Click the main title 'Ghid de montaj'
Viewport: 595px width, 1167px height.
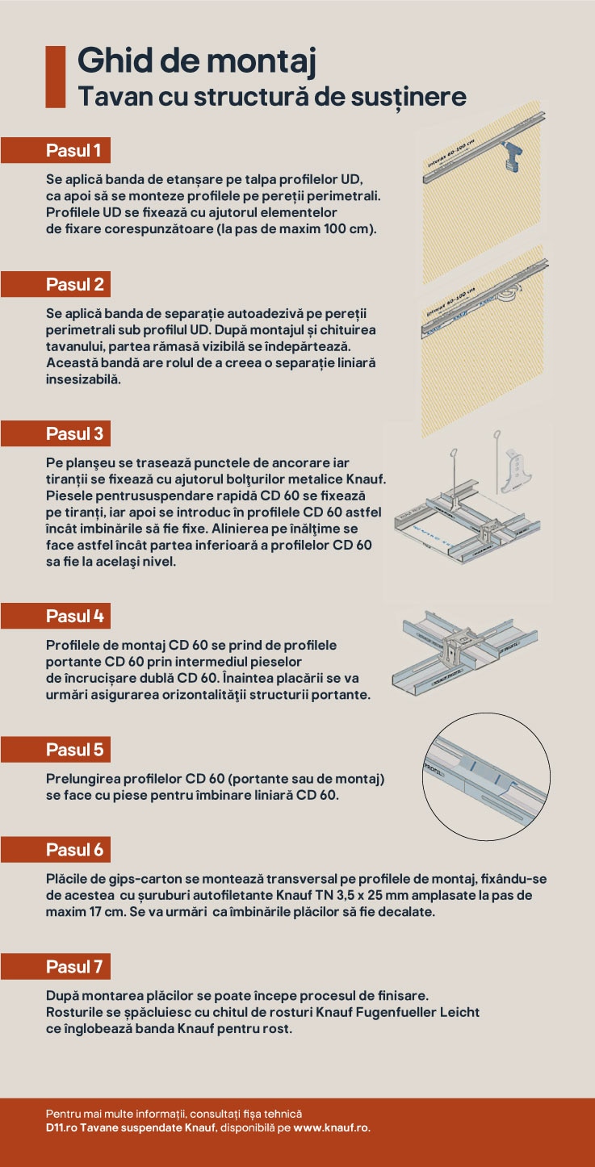[x=197, y=61]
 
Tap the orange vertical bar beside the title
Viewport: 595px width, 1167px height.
[x=56, y=77]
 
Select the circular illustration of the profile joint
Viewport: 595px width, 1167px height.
[x=486, y=776]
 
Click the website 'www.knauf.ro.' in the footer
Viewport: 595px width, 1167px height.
[x=332, y=1128]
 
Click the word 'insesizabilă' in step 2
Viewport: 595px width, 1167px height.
[x=83, y=379]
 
